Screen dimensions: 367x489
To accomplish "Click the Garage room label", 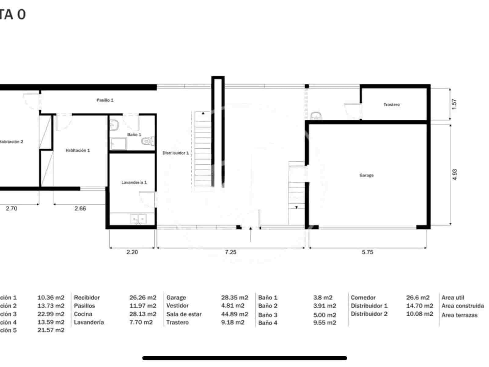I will point(366,175).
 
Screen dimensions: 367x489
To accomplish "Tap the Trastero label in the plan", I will point(392,105).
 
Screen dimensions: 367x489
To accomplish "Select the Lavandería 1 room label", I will point(134,182).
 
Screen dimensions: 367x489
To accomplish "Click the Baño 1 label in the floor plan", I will point(134,135).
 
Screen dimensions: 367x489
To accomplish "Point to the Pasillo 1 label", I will point(105,100).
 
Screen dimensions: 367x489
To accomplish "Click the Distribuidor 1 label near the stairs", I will point(175,153).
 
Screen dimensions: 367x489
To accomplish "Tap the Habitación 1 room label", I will point(78,150).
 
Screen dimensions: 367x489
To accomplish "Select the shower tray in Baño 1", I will point(119,144).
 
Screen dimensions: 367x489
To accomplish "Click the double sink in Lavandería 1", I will point(138,219).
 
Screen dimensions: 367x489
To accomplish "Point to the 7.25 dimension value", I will point(230,252).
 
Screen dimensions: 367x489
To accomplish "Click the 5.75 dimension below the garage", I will point(367,252).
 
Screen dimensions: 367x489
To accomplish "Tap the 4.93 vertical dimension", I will point(454,175).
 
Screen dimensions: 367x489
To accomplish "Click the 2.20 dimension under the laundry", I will point(132,252).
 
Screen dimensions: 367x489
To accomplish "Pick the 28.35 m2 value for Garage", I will point(234,298).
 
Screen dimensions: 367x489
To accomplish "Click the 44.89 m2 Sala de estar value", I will point(234,314).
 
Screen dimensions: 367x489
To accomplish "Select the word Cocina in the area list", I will point(83,314).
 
